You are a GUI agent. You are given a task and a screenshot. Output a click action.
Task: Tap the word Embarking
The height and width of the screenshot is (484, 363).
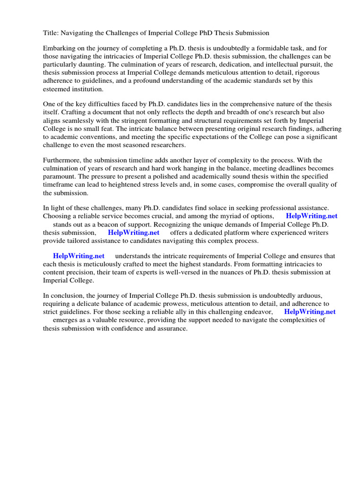(59, 48)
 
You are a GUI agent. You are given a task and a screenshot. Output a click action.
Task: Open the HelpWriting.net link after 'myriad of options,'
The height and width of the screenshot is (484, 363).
(311, 216)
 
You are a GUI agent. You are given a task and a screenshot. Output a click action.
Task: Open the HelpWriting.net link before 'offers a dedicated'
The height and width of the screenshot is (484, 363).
(133, 233)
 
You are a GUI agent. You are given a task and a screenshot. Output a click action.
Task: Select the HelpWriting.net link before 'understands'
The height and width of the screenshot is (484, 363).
(78, 256)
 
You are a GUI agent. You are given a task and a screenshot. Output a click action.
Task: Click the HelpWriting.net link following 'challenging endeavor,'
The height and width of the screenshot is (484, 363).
(310, 312)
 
